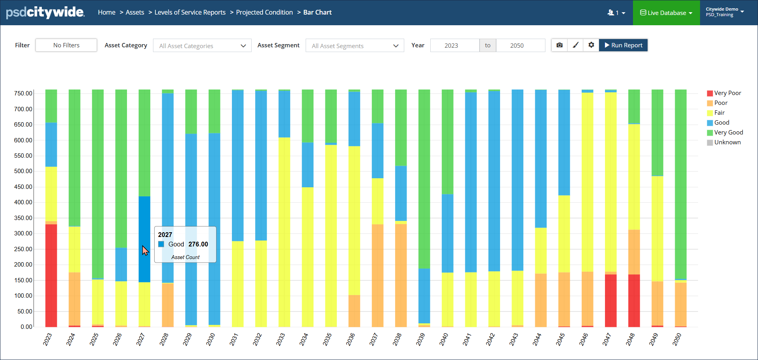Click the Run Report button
[x=623, y=45]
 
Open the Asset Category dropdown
[x=202, y=46]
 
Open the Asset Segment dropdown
[x=355, y=46]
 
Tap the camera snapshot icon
[x=559, y=45]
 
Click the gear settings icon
[x=591, y=45]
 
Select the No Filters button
[x=66, y=45]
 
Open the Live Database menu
[x=666, y=13]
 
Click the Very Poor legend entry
[x=727, y=93]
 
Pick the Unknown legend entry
[x=727, y=142]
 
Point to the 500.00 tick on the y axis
[x=23, y=171]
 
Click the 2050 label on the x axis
[x=677, y=339]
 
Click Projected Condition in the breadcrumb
[x=264, y=13]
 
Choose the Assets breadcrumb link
[x=135, y=13]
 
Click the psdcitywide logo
[x=45, y=13]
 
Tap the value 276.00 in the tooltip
[x=198, y=244]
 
